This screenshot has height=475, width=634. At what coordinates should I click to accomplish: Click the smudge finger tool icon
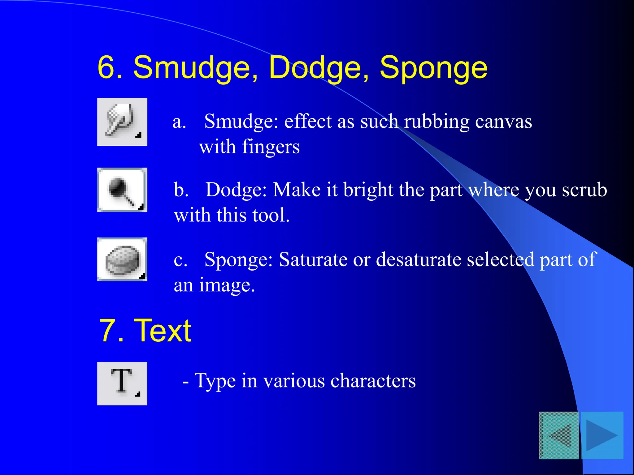122,122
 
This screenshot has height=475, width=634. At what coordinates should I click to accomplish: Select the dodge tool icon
122,190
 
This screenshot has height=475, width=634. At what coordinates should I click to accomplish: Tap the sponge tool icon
122,259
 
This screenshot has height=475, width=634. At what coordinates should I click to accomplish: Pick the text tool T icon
122,383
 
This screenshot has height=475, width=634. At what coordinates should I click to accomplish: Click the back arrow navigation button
559,435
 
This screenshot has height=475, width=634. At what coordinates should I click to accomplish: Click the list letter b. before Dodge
181,190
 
